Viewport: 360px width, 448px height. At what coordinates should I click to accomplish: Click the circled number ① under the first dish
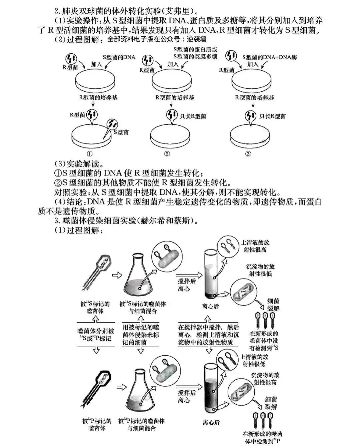pyautogui.click(x=89, y=154)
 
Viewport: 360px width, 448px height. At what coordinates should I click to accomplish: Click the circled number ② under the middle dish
pyautogui.click(x=167, y=154)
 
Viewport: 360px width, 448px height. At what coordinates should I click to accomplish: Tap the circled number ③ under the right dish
pyautogui.click(x=248, y=154)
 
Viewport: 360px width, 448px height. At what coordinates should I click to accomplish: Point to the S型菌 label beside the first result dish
pyautogui.click(x=121, y=132)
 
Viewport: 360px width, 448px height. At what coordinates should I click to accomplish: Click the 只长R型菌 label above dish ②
pyautogui.click(x=193, y=116)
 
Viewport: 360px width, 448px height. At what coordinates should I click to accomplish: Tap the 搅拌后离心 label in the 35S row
pyautogui.click(x=187, y=285)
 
